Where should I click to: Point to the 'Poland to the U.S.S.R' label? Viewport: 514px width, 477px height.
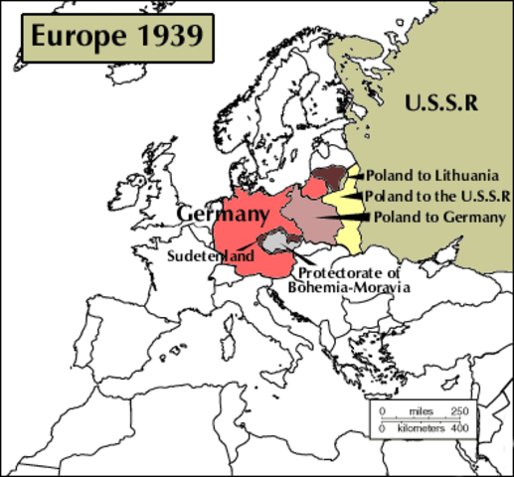click(x=437, y=195)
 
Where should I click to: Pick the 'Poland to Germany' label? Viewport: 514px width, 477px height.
click(x=438, y=217)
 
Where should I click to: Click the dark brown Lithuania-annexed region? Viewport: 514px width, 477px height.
click(x=332, y=182)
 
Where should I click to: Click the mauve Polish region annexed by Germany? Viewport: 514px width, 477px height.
click(x=307, y=215)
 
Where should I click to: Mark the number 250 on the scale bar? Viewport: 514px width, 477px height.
click(x=459, y=411)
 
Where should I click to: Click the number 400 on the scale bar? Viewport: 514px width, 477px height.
click(x=459, y=429)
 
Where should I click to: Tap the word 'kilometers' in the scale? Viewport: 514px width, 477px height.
click(x=420, y=429)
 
